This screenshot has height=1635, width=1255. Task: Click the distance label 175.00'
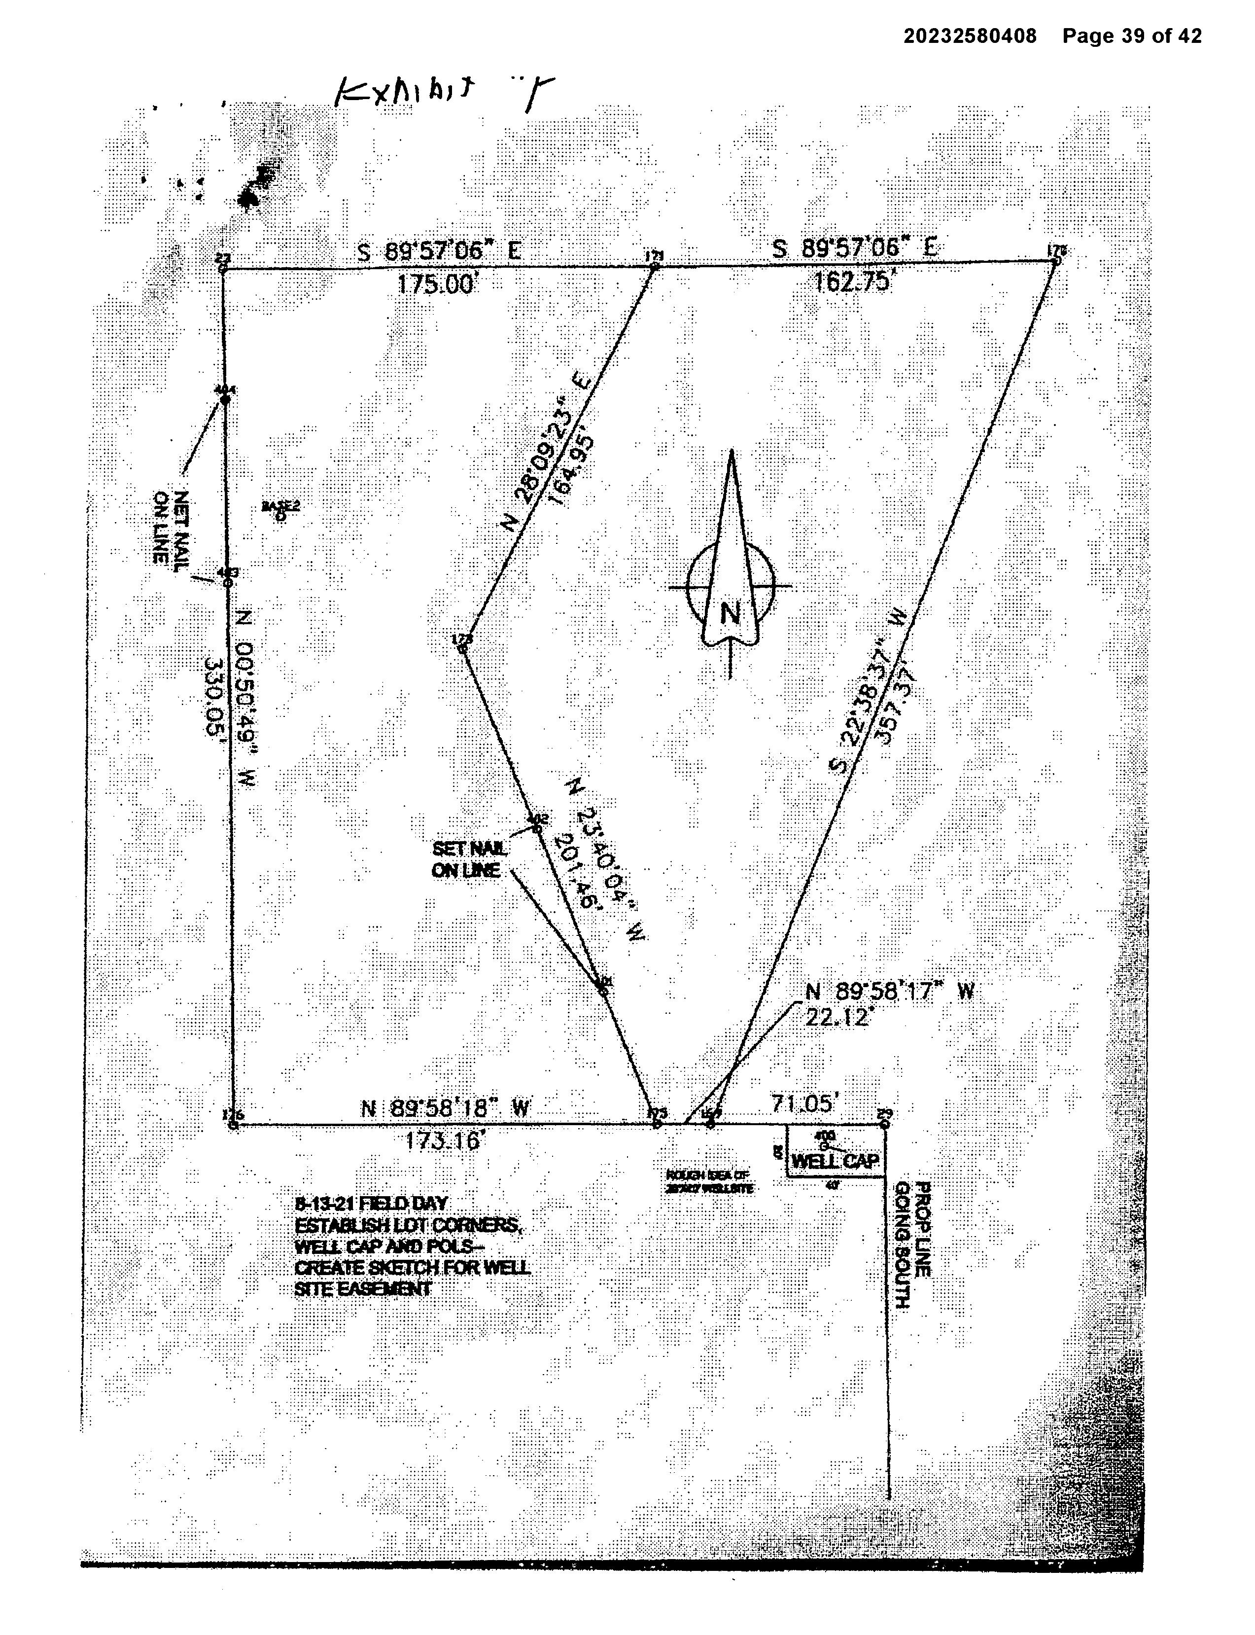click(436, 284)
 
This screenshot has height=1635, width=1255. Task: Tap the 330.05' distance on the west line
click(214, 696)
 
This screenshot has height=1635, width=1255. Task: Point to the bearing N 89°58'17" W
click(889, 992)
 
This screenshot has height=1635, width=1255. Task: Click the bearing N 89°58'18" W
click(445, 1108)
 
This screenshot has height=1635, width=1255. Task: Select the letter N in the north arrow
click(730, 613)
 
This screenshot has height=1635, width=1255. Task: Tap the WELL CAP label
click(835, 1161)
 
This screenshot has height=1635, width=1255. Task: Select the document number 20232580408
click(970, 36)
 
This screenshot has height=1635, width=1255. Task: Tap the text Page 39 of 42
click(1132, 36)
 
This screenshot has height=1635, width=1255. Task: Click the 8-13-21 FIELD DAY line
click(371, 1203)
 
